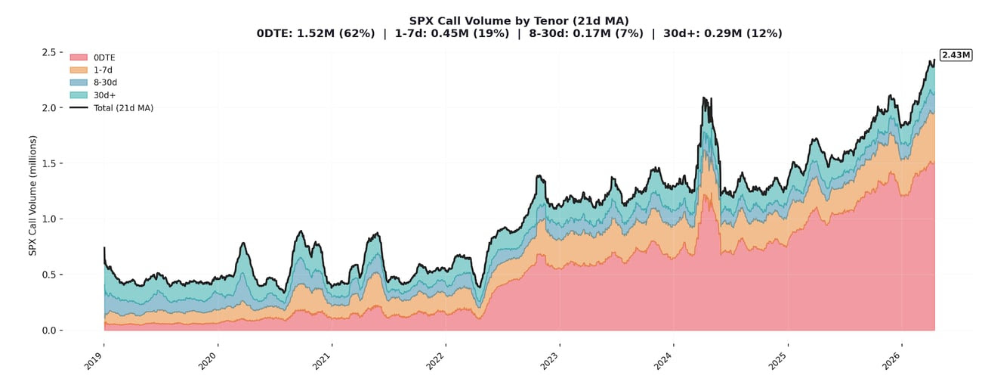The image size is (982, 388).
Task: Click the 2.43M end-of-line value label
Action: pyautogui.click(x=956, y=55)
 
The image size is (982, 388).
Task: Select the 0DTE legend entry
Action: pyautogui.click(x=103, y=57)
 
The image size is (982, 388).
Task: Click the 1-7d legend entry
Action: pyautogui.click(x=102, y=70)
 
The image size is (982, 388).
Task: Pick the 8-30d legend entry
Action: pyautogui.click(x=103, y=82)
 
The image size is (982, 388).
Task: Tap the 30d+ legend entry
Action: pyautogui.click(x=103, y=95)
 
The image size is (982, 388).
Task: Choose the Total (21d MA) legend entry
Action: pyautogui.click(x=123, y=108)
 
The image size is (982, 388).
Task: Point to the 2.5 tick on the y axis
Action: pyautogui.click(x=50, y=52)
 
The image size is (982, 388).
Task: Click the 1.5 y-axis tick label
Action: pyautogui.click(x=50, y=163)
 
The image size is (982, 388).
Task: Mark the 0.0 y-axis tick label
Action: pyautogui.click(x=50, y=331)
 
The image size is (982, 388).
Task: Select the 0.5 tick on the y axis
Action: pyautogui.click(x=50, y=275)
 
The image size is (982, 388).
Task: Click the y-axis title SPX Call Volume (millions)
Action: pyautogui.click(x=32, y=195)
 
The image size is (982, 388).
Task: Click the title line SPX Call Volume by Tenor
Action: pyautogui.click(x=498, y=20)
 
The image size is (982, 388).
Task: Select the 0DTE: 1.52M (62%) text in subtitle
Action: pyautogui.click(x=316, y=33)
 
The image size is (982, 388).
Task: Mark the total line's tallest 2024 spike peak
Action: pyautogui.click(x=704, y=98)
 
